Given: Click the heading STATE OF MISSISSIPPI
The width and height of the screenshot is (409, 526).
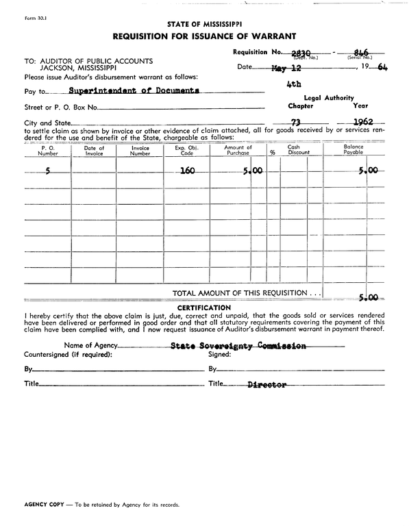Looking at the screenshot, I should point(203,23).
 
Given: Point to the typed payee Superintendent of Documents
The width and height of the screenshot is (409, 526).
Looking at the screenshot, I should point(134,90).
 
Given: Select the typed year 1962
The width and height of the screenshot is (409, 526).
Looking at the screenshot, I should point(358,123).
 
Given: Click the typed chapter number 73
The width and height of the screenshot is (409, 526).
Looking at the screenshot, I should point(297,123).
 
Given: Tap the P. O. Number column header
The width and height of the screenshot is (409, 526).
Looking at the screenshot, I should point(48,151).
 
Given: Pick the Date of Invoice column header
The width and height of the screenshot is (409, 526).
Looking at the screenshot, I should point(94,151).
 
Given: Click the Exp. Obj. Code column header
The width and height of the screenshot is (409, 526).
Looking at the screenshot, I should point(186,151).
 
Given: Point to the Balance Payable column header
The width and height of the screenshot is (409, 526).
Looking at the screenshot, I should point(354,151).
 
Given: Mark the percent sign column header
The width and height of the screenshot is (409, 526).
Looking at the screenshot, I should point(272,153).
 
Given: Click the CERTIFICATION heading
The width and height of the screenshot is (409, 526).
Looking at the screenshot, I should point(203,308).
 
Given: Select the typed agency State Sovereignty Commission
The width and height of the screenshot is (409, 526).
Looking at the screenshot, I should point(238,347).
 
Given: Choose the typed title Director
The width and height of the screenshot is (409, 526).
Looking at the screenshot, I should point(267,385).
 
